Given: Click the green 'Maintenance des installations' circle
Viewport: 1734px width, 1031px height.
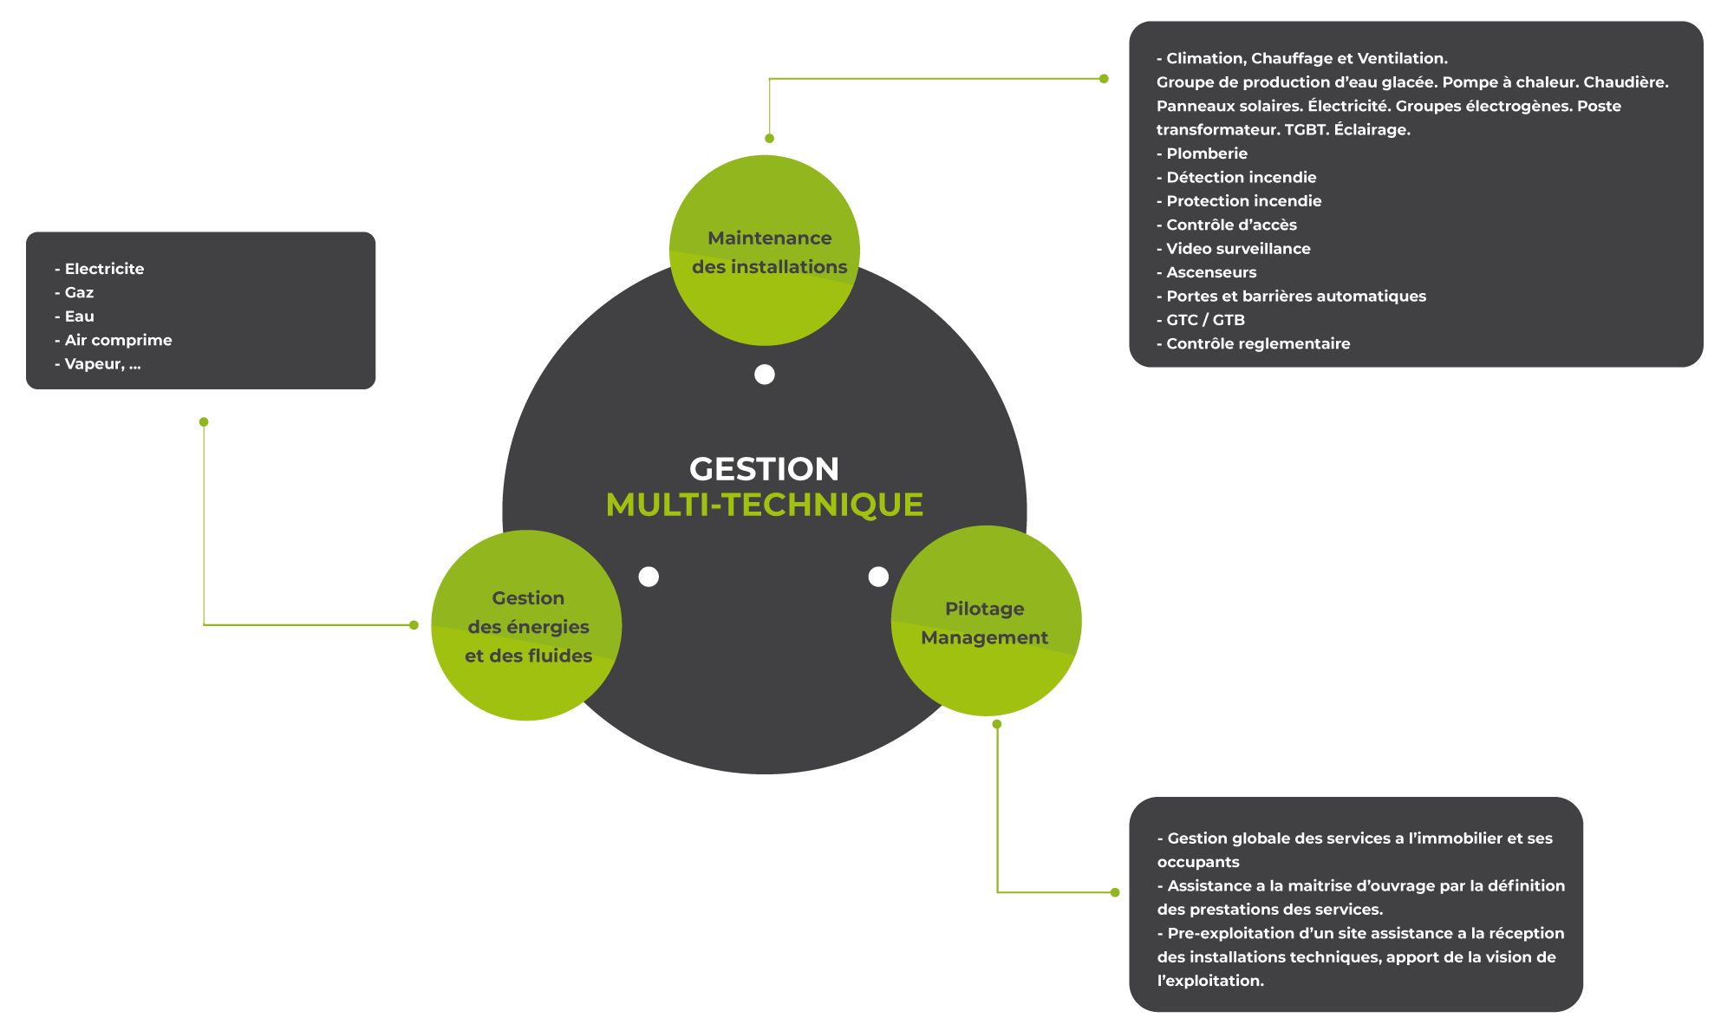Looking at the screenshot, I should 765,251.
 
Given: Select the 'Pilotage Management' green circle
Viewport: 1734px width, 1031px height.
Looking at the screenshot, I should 986,622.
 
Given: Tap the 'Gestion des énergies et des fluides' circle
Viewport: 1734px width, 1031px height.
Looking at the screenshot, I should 526,625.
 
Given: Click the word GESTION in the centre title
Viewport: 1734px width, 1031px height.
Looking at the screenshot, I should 764,469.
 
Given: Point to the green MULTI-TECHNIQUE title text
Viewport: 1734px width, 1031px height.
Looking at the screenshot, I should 764,505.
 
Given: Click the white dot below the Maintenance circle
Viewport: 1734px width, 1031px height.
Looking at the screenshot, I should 765,375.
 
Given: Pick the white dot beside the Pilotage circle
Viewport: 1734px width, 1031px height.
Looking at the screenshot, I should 878,577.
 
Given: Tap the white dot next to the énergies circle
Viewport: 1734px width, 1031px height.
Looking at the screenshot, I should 649,577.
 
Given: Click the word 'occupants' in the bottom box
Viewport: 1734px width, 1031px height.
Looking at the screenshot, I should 1198,862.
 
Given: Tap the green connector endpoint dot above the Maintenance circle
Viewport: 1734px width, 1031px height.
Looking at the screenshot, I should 769,139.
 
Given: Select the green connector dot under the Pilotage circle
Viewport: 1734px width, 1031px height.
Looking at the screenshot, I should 997,724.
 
